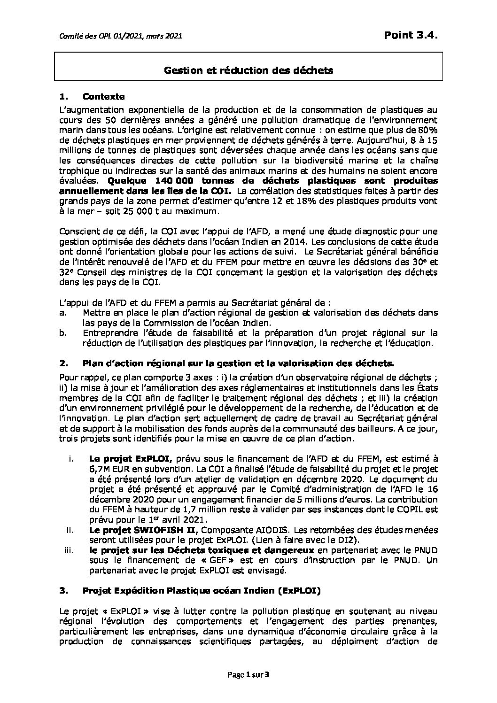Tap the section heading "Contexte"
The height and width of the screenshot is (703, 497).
coord(103,97)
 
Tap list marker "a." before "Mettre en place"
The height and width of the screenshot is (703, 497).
coord(64,312)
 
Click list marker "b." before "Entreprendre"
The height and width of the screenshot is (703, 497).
coord(64,333)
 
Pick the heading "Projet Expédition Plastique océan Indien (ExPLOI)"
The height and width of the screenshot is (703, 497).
coord(202,591)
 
